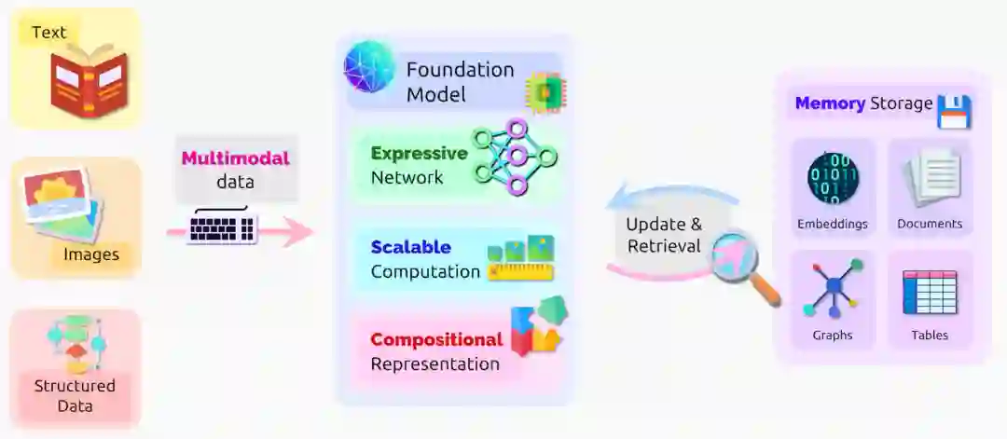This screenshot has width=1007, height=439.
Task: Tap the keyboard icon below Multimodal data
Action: (222, 226)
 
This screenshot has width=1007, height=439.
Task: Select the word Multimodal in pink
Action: (235, 158)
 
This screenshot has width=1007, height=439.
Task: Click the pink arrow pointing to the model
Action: (297, 233)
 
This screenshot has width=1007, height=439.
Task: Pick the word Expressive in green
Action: (419, 153)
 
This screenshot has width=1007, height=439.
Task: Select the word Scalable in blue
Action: (410, 247)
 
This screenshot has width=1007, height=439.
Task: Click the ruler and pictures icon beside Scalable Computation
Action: (520, 258)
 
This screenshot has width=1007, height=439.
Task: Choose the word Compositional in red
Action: (436, 339)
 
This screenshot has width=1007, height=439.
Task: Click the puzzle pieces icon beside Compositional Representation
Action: (538, 326)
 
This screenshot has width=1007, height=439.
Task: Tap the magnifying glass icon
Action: (740, 264)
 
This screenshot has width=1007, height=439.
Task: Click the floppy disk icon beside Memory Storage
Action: (954, 111)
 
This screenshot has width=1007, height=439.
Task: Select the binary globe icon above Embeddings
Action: (833, 178)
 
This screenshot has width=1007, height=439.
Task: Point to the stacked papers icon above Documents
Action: (930, 179)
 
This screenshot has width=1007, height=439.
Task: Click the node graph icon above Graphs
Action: (833, 290)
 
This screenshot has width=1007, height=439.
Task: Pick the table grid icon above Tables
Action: (930, 292)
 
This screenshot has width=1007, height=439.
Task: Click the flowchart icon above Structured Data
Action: (75, 342)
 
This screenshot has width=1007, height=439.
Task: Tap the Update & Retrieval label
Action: (663, 235)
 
